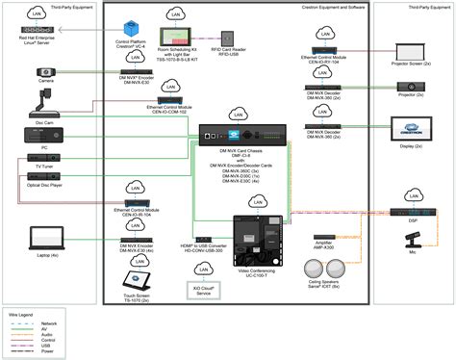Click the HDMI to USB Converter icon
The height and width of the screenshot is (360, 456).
point(204,238)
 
